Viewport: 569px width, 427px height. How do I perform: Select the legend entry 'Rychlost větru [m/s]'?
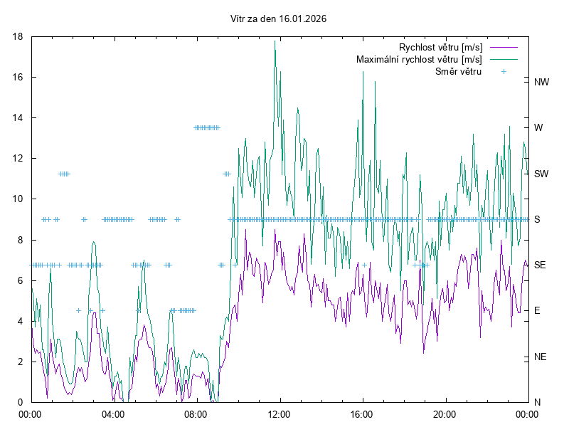(440, 48)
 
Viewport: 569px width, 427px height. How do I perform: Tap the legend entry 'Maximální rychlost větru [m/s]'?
(419, 59)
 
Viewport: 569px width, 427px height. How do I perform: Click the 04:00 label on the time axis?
(112, 413)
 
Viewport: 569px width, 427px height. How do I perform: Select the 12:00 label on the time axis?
(279, 413)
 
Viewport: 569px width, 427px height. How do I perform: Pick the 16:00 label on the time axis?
(362, 413)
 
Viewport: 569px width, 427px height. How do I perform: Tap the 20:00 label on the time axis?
(445, 413)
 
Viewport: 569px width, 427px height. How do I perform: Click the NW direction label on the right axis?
(541, 82)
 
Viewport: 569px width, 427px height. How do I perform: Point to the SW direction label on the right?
(541, 174)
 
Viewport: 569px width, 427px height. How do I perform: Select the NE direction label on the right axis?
(541, 357)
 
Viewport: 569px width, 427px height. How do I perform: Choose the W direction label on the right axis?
(538, 128)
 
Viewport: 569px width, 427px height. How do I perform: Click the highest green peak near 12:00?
(275, 41)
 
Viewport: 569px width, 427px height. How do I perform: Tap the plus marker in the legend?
(504, 71)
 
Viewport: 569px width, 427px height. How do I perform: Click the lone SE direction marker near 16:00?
(364, 265)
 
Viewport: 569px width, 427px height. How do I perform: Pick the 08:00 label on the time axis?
(196, 413)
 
